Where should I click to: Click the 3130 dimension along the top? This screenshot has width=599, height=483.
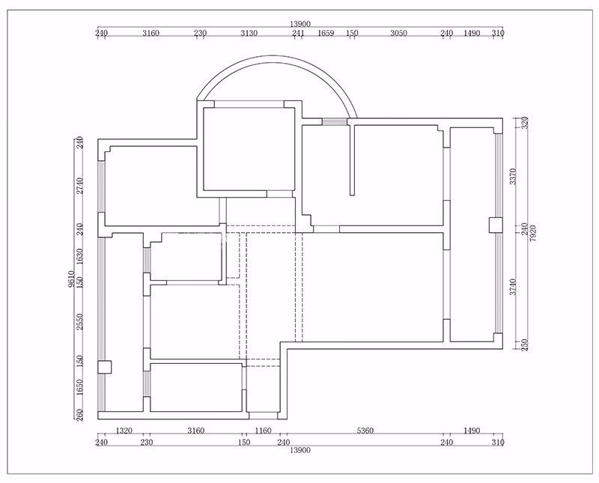coord(249,33)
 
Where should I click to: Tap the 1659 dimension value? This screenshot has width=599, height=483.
coord(326,33)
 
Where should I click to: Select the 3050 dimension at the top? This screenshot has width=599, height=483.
coord(398,33)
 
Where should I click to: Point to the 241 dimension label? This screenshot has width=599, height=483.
coord(298,33)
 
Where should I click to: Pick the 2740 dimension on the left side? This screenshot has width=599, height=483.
coord(79,186)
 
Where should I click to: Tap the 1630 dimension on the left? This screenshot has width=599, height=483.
coord(79,256)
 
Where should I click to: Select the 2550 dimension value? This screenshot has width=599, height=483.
coord(79,321)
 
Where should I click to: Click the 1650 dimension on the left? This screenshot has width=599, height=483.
coord(79,387)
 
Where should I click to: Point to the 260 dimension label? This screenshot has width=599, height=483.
coord(79,415)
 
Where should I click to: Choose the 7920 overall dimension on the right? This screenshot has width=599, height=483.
coord(533,233)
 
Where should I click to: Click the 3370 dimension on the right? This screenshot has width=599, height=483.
coord(513,177)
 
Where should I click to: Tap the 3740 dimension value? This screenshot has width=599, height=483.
coord(513,287)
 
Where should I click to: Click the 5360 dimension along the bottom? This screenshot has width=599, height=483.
coord(365,431)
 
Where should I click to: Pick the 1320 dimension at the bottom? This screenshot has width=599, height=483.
coord(124,431)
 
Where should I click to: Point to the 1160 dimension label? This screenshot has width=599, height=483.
coord(263,431)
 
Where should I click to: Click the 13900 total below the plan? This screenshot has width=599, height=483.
coord(300,450)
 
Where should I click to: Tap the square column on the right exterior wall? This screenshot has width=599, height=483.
coord(496,225)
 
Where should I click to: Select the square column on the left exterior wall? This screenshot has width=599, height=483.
coord(104,367)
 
